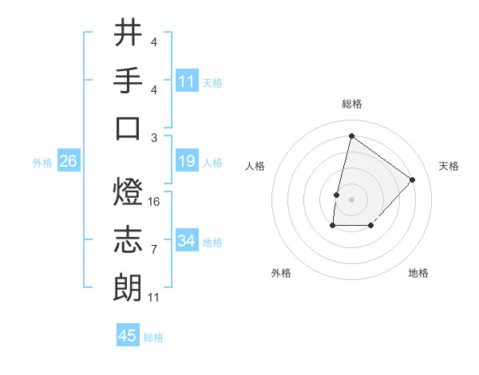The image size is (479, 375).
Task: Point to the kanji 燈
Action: point(128,194)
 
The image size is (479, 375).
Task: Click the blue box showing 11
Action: point(187,81)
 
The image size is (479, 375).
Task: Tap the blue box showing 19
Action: point(187,161)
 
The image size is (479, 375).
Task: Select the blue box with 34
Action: point(187,241)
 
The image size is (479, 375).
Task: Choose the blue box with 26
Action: point(69,161)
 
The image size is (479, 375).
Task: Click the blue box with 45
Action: point(128,336)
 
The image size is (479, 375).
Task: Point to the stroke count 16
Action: point(155,202)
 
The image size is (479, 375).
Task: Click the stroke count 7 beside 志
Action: point(153,250)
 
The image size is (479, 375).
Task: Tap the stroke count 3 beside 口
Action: point(153,136)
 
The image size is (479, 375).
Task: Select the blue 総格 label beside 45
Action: point(153,337)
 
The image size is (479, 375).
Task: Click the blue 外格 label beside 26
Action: point(42,162)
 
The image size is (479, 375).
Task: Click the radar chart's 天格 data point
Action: point(412,180)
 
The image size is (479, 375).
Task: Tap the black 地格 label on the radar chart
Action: point(418,273)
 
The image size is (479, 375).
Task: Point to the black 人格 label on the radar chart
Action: point(255,166)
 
